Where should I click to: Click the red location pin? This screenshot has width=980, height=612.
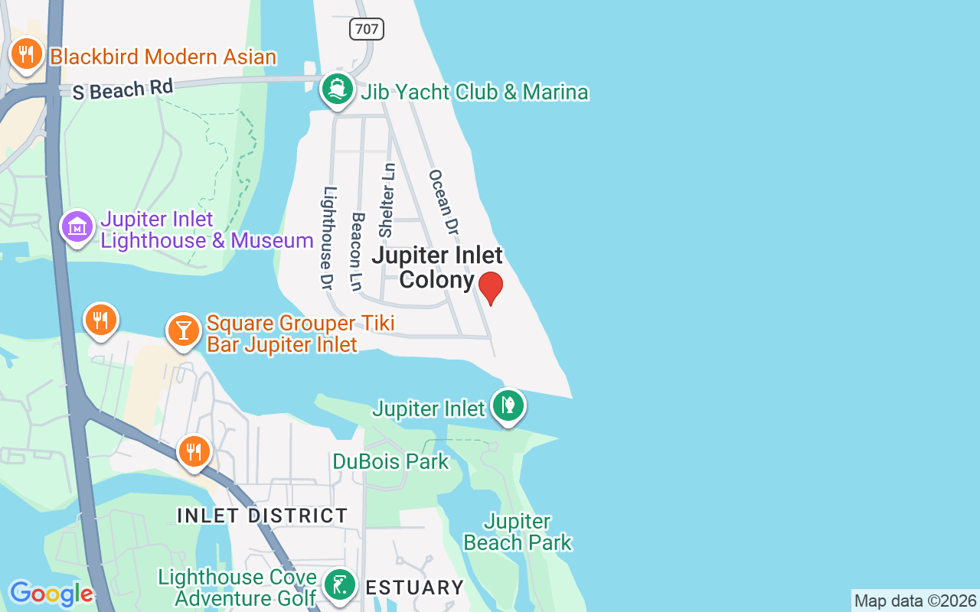491,288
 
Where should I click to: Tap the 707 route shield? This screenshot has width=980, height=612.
366,29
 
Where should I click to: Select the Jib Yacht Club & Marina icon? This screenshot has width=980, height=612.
337,90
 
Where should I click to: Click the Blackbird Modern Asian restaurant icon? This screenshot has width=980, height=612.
27,54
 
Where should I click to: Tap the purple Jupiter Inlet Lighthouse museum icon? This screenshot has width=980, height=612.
77,226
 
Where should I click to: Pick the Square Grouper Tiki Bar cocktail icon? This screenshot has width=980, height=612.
184,330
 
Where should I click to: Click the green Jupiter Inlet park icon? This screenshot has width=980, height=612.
508,405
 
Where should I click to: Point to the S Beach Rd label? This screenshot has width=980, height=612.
122,89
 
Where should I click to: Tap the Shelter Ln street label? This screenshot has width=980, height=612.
388,200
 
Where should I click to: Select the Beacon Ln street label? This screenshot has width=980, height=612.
357,251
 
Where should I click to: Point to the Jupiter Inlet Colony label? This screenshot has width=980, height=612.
436,267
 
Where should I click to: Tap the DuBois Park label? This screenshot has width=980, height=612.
390,462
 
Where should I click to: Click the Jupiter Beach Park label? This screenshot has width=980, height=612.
518,532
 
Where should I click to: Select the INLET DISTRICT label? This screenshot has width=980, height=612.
263,516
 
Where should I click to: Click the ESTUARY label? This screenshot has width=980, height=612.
413,588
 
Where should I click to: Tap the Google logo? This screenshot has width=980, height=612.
51,594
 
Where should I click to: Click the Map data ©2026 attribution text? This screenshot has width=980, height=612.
915,601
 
